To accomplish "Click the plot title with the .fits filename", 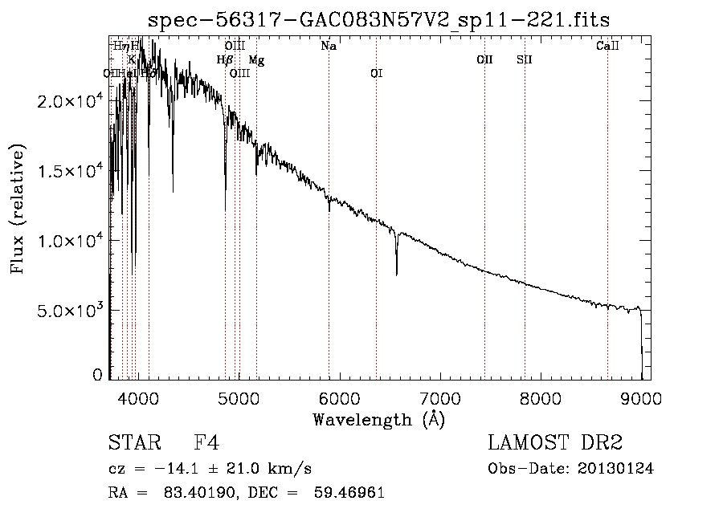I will coord(379,20).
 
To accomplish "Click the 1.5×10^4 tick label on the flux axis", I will coord(71,171).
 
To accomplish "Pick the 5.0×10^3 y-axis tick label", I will coord(71,310).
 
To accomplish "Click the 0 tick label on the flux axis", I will coord(98,375).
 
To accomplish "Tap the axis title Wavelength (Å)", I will coord(378,419).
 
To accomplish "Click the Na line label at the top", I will coord(329,47).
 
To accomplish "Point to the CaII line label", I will coord(607,47).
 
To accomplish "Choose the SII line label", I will coord(525,60).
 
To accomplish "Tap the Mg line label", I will coord(256,60).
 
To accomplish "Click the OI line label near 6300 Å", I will coord(376,74).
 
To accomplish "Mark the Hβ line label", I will coord(224,60).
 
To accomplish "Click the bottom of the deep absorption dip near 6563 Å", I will coord(396,275).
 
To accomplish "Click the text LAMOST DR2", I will coord(555,443).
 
